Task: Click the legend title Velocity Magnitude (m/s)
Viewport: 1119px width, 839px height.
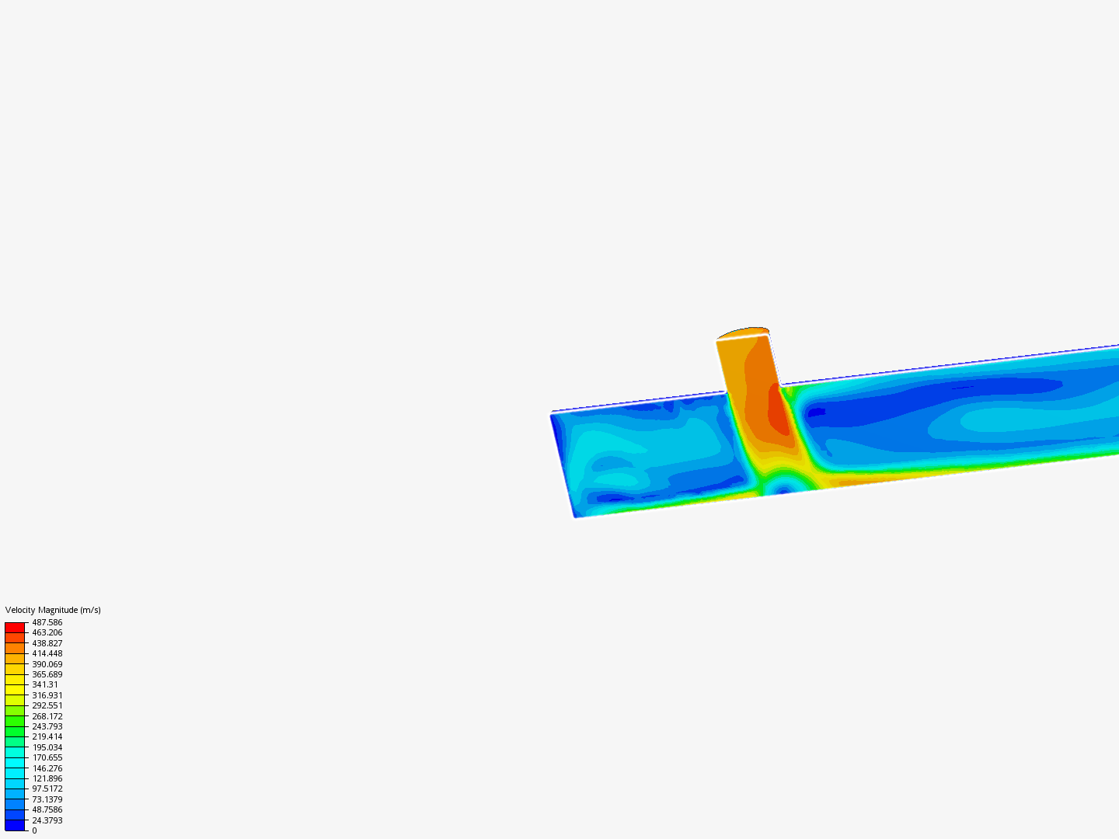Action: [53, 610]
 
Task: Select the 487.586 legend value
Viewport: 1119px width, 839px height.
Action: [47, 622]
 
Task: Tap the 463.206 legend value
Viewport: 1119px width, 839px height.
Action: [47, 632]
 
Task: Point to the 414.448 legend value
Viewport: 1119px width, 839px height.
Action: [47, 653]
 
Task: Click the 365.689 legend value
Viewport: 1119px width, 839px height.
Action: [47, 674]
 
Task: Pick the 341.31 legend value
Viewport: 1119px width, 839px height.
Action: [45, 684]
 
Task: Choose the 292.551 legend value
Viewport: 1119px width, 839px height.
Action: [47, 705]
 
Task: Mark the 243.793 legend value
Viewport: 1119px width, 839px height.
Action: [47, 726]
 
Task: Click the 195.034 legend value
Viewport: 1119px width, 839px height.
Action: [47, 747]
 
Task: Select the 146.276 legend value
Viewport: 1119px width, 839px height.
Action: [47, 768]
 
